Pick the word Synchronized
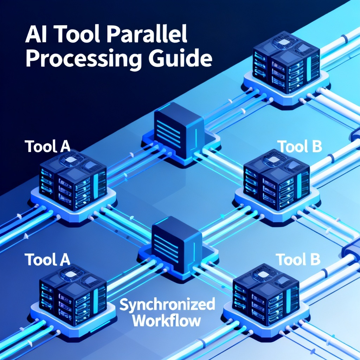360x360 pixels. pos(167,305)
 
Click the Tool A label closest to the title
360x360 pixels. pos(47,147)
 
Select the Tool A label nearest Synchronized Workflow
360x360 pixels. pos(47,259)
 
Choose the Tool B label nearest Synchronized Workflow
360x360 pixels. pos(298,259)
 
